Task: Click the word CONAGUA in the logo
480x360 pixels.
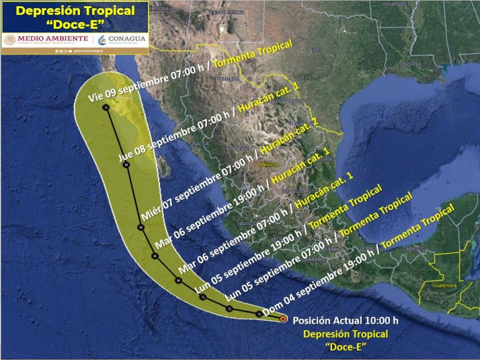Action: coord(126,39)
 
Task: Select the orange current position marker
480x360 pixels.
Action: coord(282,319)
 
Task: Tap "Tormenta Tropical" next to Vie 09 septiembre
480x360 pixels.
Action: coord(253,54)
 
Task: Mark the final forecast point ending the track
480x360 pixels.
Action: coord(107,108)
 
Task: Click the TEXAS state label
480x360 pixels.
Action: coord(314,49)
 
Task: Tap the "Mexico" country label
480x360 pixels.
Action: coord(267,165)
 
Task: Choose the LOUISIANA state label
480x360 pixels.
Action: coord(411,64)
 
